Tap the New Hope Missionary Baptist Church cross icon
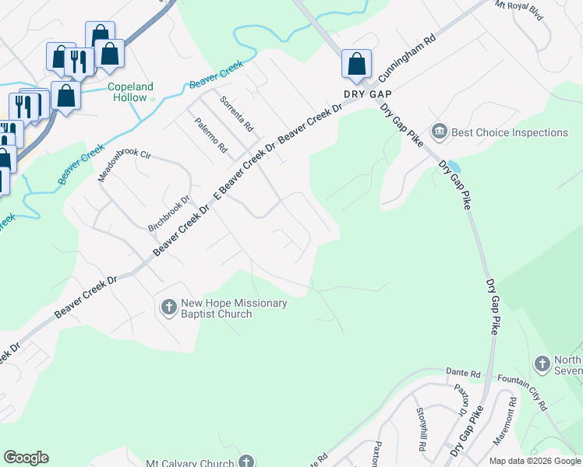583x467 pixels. point(168,308)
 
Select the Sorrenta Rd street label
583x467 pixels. point(236,114)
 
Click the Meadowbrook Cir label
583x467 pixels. point(123,163)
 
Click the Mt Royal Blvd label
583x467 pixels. point(519,15)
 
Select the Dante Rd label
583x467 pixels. point(460,374)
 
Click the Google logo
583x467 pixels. point(26,458)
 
